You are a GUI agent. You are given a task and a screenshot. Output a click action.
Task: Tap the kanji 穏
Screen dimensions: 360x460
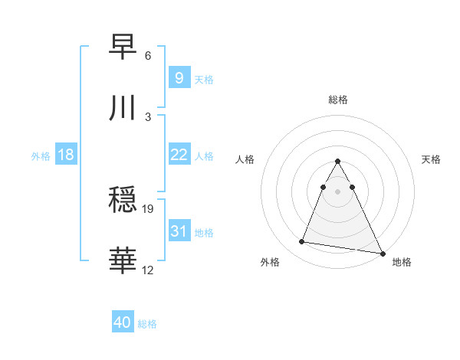[x=123, y=201]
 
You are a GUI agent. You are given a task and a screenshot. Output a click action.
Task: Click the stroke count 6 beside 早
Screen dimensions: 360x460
[x=148, y=56]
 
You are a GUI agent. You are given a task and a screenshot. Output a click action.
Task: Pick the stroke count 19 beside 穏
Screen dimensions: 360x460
[x=149, y=208]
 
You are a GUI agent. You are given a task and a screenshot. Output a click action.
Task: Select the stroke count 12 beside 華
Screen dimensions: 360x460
[x=149, y=270]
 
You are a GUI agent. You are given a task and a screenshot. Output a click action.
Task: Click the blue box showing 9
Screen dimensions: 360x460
[x=179, y=77]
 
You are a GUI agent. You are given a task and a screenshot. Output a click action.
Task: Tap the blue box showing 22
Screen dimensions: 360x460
[x=179, y=155]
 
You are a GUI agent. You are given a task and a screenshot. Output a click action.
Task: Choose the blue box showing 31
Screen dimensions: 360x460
[x=179, y=231]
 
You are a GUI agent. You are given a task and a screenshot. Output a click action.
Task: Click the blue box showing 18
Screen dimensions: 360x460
[x=66, y=155]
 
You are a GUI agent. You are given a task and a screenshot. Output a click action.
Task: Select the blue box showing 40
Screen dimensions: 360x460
[x=123, y=322]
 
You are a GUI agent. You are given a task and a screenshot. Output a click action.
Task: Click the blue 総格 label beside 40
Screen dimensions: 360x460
[x=147, y=324]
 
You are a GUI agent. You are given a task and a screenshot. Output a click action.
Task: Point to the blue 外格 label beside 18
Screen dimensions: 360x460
[x=41, y=156]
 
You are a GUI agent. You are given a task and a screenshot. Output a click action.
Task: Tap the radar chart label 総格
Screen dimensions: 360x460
[x=338, y=100]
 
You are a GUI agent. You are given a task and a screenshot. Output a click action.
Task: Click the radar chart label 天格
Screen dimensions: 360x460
[x=432, y=159]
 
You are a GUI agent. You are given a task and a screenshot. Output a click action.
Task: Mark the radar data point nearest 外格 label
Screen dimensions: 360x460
[x=302, y=242]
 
